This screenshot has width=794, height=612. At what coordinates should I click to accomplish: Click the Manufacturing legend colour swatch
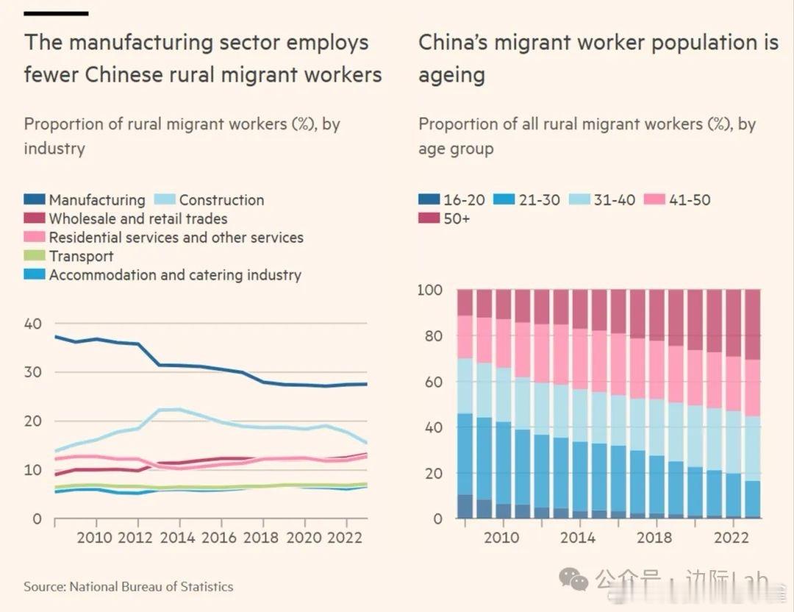pyautogui.click(x=35, y=200)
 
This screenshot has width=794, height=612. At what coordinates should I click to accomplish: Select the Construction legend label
pyautogui.click(x=221, y=200)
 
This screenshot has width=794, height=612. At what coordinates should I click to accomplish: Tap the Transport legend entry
pyautogui.click(x=81, y=256)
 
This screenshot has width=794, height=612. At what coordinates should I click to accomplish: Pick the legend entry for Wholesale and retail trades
pyautogui.click(x=138, y=218)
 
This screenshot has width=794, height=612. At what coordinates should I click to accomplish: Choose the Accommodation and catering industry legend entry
pyautogui.click(x=175, y=275)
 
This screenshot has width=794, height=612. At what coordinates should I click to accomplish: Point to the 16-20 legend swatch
pyautogui.click(x=429, y=200)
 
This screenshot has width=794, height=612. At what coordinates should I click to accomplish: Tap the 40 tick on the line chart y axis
pyautogui.click(x=33, y=324)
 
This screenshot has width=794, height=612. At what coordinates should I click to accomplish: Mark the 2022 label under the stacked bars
pyautogui.click(x=731, y=538)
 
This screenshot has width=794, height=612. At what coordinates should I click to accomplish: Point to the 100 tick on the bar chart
pyautogui.click(x=430, y=291)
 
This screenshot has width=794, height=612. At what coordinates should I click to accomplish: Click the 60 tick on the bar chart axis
pyautogui.click(x=433, y=382)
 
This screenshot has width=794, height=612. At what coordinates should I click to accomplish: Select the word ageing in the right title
pyautogui.click(x=451, y=75)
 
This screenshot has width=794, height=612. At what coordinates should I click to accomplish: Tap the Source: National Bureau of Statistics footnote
pyautogui.click(x=129, y=587)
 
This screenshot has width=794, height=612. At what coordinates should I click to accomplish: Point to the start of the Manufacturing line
pyautogui.click(x=56, y=336)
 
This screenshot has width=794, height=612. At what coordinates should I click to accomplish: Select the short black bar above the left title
pyautogui.click(x=56, y=13)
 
